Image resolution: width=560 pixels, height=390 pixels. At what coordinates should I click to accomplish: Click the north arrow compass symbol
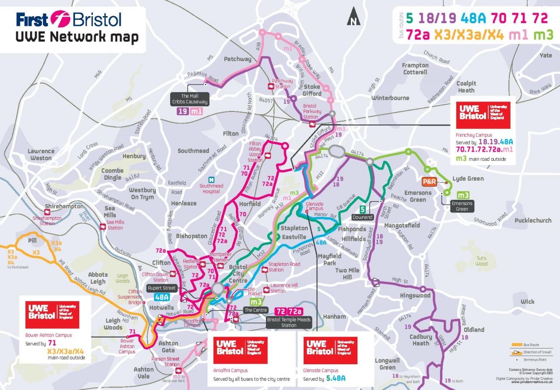[353, 18]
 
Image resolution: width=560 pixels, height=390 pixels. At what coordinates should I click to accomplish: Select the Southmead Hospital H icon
[211, 180]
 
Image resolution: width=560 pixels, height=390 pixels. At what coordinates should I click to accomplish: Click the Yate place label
[546, 56]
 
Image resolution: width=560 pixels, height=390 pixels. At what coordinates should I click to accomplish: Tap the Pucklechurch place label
[533, 220]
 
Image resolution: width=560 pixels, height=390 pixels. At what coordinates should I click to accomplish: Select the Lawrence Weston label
[41, 154]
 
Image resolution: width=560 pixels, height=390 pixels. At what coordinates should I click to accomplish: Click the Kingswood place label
[416, 296]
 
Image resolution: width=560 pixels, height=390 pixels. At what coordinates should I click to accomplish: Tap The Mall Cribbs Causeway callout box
[189, 99]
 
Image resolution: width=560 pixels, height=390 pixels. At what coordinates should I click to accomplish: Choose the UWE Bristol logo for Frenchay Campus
[483, 112]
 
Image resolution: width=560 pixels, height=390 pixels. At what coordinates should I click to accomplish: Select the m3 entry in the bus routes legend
[543, 35]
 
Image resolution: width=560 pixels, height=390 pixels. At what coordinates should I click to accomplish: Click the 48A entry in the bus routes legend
[471, 18]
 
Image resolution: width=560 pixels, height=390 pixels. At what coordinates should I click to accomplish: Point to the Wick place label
[527, 302]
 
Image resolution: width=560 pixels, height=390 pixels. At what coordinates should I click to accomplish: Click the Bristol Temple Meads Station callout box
[288, 323]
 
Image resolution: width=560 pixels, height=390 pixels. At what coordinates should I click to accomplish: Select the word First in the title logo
[32, 20]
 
